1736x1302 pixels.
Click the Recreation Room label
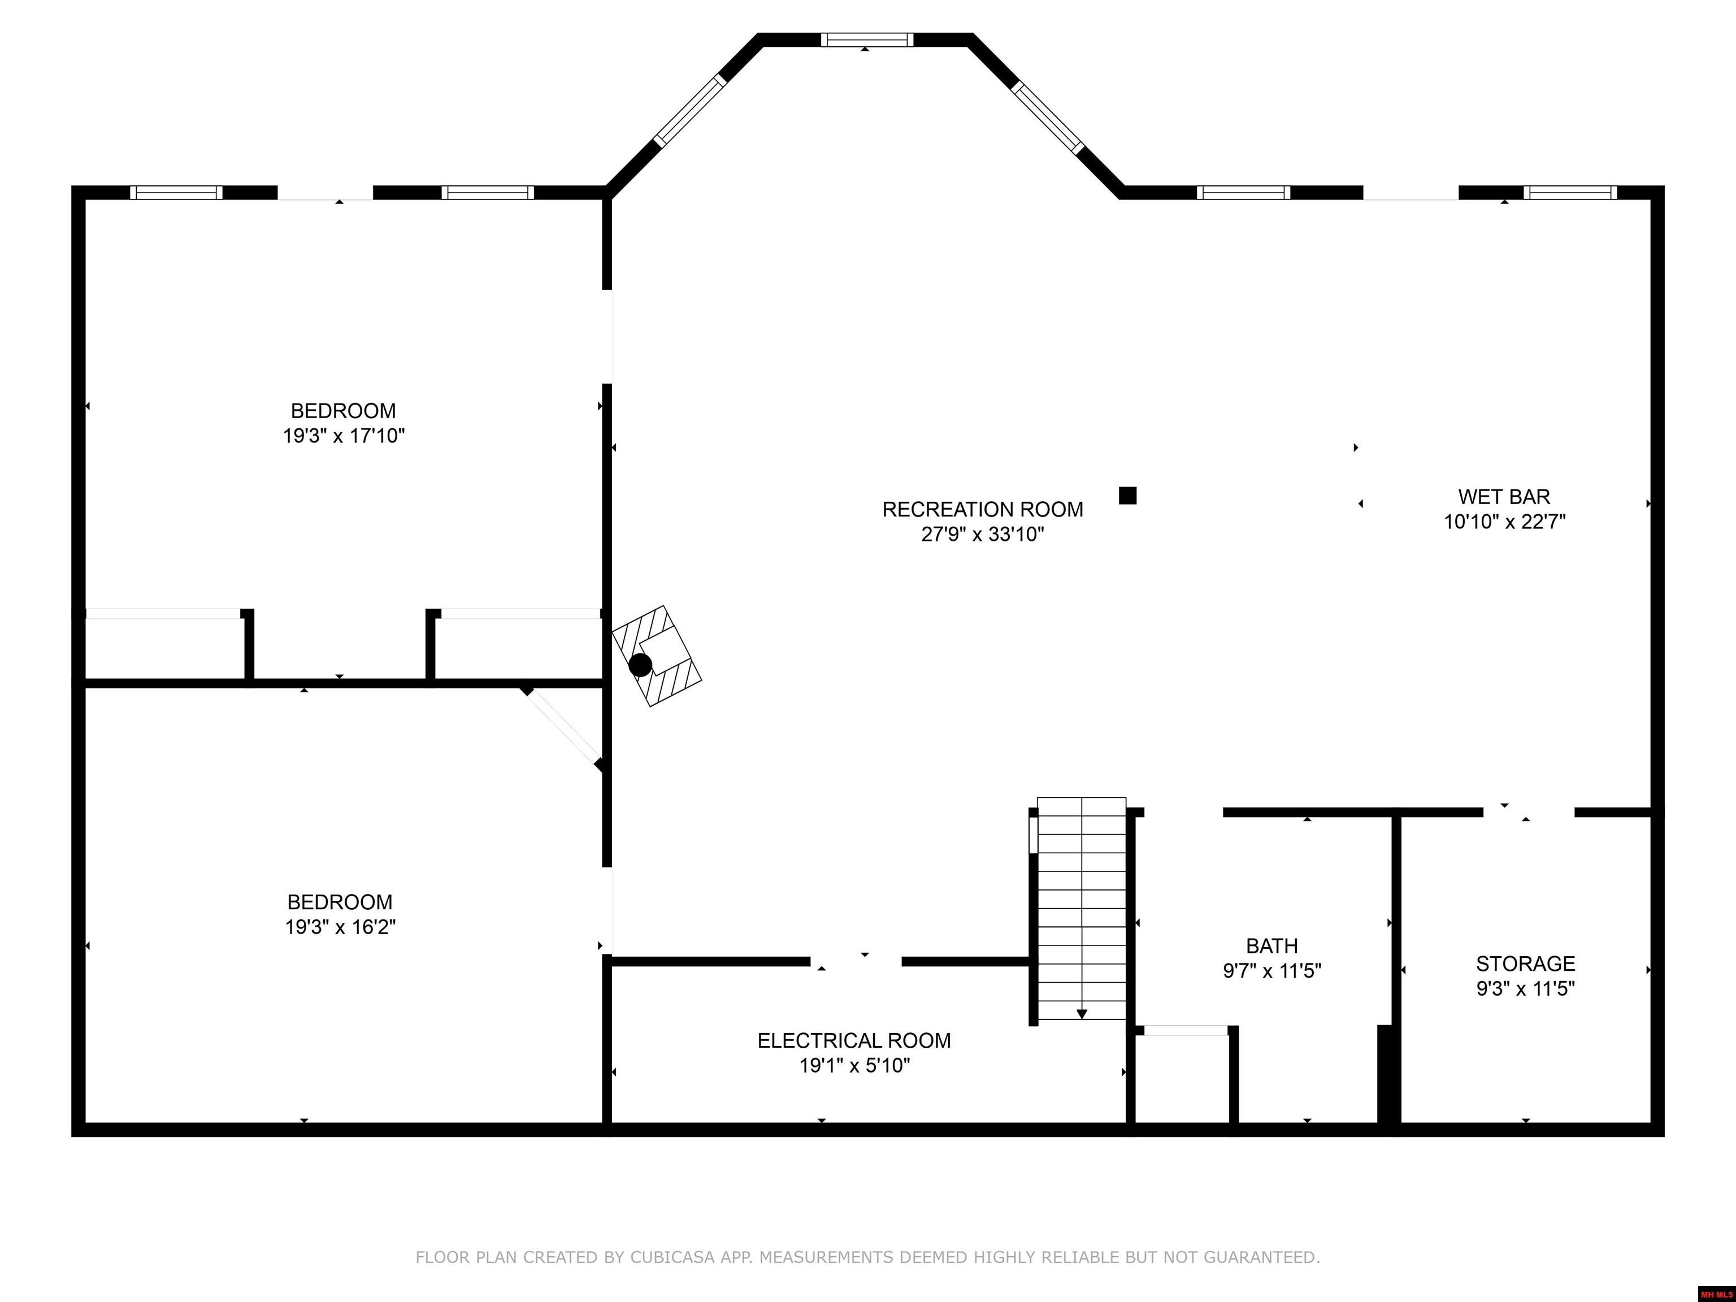[983, 509]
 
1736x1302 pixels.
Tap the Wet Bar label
[1504, 497]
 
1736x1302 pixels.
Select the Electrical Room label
[854, 1041]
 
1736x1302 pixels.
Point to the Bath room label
[1272, 945]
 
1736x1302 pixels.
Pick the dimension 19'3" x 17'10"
[344, 436]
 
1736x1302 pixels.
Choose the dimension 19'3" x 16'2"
[340, 927]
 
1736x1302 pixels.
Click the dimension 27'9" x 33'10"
[983, 535]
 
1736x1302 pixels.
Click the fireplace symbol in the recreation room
[656, 656]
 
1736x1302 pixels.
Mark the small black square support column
[1128, 495]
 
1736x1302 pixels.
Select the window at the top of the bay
[867, 39]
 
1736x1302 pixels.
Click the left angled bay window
[691, 111]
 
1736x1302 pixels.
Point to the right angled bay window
[1048, 117]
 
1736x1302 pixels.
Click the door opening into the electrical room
[856, 961]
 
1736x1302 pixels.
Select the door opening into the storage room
[1529, 812]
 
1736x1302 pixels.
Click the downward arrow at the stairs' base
[1082, 1014]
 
